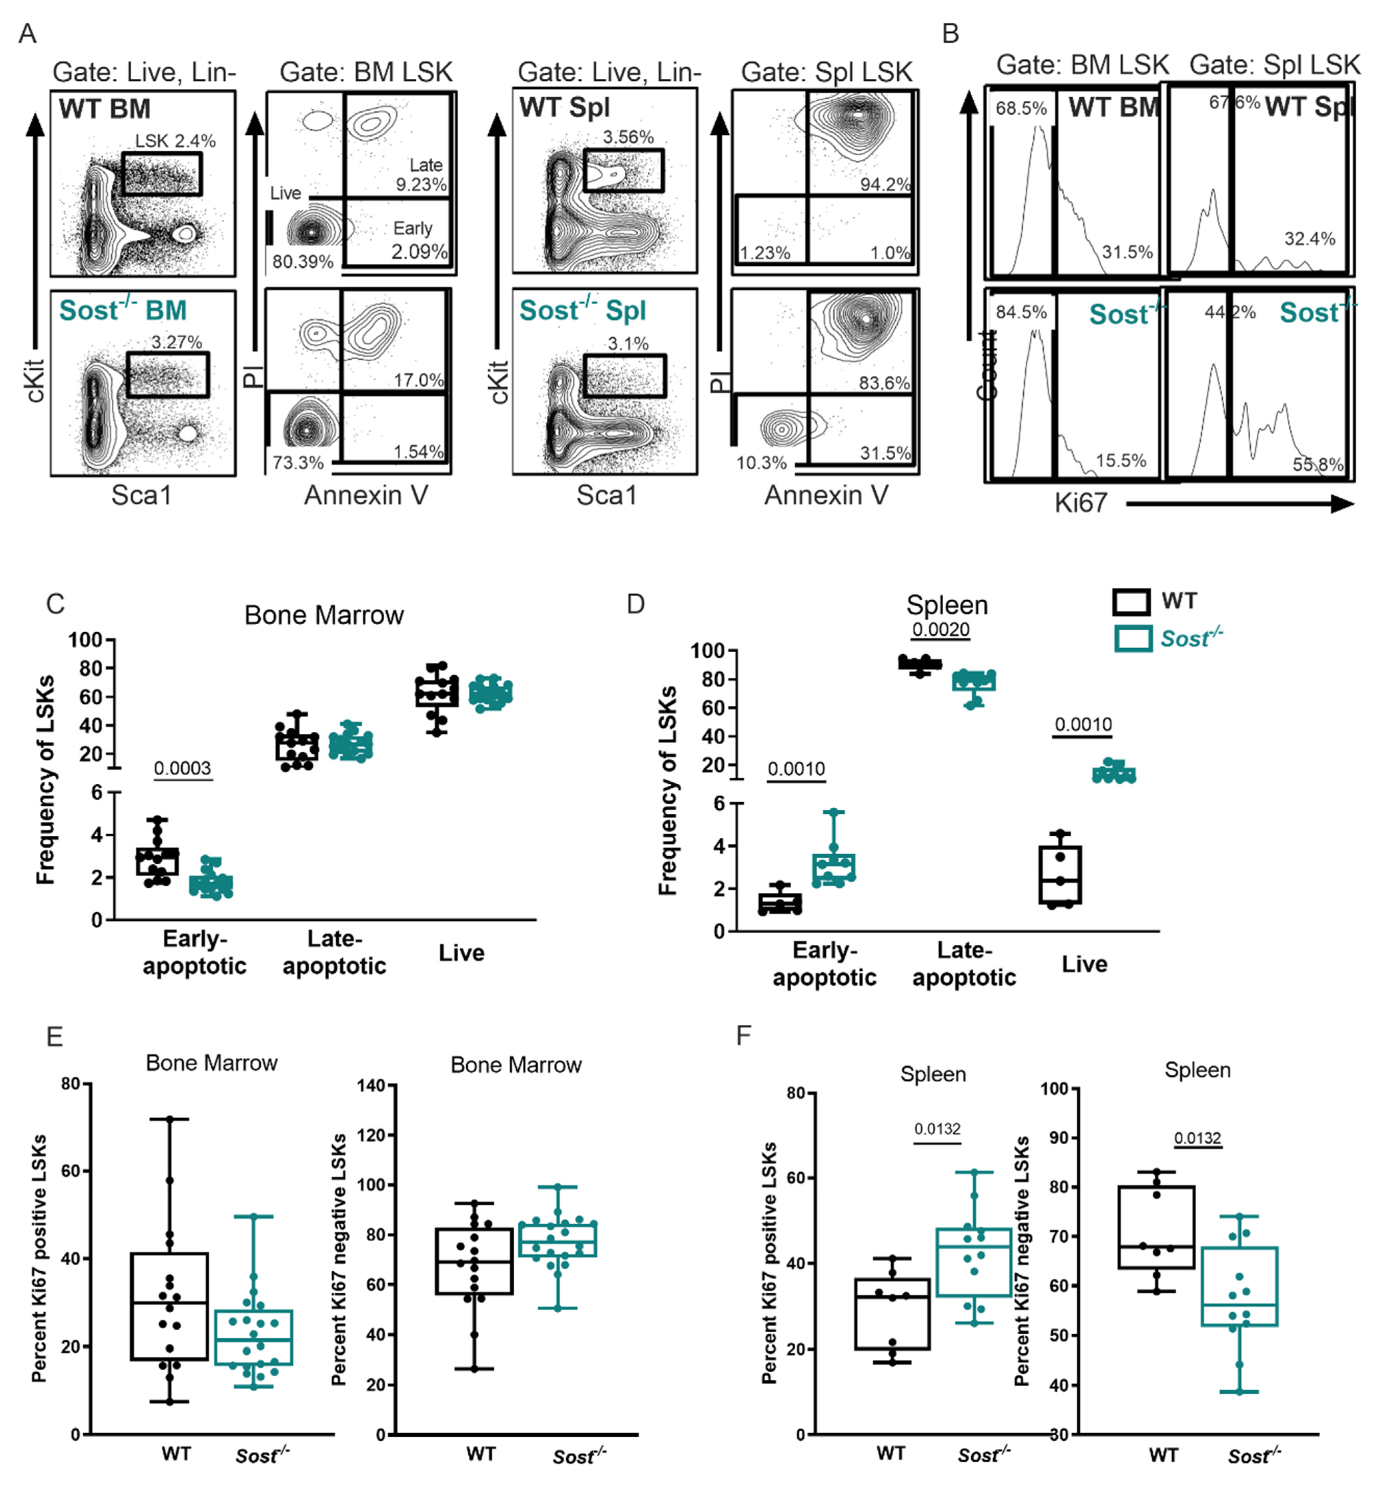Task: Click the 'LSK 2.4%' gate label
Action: [175, 141]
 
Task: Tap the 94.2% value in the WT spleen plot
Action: [885, 184]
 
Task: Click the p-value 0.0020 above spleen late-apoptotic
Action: [941, 629]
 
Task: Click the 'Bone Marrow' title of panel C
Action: [324, 615]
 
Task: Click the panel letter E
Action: [55, 1037]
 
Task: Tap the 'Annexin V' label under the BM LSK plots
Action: [366, 495]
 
